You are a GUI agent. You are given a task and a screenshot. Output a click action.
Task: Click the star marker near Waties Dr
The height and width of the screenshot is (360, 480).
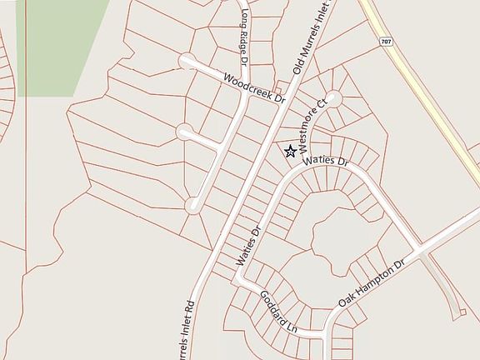(x=290, y=151)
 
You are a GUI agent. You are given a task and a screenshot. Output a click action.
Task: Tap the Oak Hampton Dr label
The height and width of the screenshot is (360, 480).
(x=372, y=283)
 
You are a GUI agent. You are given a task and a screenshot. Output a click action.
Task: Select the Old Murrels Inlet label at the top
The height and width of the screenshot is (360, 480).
(x=310, y=37)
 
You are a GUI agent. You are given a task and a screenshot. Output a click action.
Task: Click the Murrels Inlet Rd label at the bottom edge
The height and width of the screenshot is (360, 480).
(x=185, y=332)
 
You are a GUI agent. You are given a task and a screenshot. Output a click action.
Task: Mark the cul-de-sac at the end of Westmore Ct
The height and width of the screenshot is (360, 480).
(x=333, y=97)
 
